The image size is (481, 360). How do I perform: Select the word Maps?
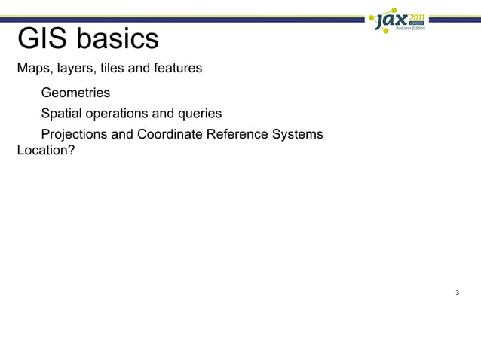click(x=32, y=69)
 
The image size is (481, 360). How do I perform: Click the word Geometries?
click(x=75, y=93)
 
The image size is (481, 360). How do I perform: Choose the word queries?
click(x=200, y=114)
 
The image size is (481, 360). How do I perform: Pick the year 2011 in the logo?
click(x=418, y=15)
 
